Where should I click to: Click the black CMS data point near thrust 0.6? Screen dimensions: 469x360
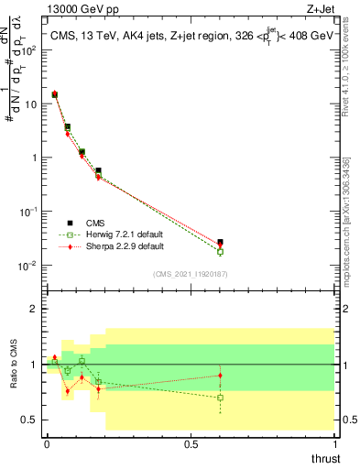point(220,243)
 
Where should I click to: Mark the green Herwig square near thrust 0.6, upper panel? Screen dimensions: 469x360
point(220,252)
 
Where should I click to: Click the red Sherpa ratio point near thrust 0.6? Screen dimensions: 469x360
point(220,376)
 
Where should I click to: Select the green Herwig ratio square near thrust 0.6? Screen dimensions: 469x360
point(220,398)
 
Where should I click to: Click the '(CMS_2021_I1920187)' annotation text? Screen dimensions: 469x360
point(191,275)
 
